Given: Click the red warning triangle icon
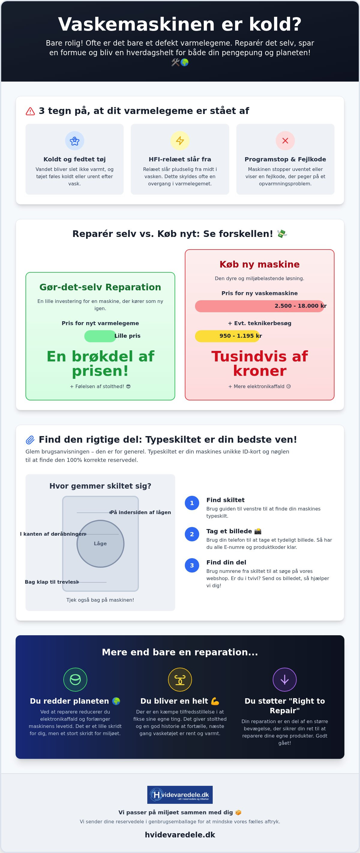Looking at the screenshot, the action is (x=30, y=111).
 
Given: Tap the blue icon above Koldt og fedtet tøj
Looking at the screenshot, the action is (x=74, y=141).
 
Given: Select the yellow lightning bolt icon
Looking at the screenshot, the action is (x=180, y=141).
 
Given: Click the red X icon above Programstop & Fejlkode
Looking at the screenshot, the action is (x=285, y=141).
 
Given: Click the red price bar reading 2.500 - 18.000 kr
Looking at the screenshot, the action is (x=259, y=306).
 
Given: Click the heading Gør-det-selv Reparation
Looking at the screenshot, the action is (x=100, y=287).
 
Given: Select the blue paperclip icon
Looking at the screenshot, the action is (x=30, y=440).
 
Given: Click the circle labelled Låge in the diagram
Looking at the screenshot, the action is (x=100, y=544).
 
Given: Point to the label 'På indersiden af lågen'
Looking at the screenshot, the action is (x=141, y=512).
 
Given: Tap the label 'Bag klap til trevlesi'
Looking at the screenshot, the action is (x=51, y=582).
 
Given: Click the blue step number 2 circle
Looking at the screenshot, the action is (x=192, y=534).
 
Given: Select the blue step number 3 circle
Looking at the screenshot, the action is (x=192, y=565).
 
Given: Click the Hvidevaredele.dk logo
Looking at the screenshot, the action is (x=180, y=795).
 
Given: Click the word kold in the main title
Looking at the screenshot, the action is (x=275, y=24).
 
